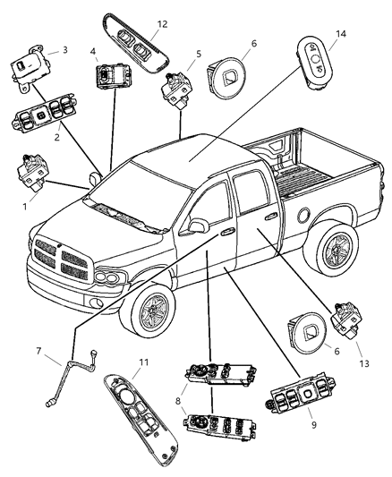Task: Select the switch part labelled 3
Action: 32,68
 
